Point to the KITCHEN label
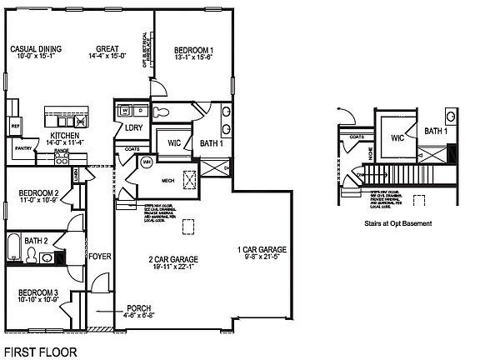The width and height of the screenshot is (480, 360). (x=65, y=135)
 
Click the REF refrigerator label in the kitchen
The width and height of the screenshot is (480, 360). (x=15, y=105)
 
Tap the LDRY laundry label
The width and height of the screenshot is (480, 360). (x=133, y=127)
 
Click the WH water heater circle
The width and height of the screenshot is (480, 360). (x=147, y=162)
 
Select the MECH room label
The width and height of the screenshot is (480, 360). (x=166, y=178)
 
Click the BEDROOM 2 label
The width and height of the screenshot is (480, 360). (x=39, y=194)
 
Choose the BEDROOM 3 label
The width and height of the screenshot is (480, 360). (x=39, y=293)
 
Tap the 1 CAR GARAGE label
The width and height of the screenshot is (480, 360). (x=262, y=249)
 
